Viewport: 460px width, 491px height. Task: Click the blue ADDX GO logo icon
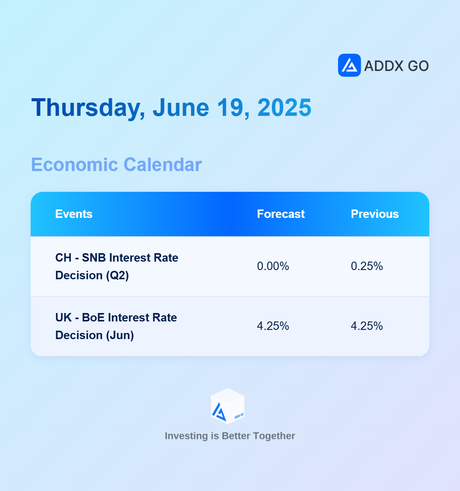point(349,65)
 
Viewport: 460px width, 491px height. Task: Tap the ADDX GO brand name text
point(396,66)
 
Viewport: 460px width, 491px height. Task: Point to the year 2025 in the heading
point(284,107)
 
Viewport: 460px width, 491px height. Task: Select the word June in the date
point(181,107)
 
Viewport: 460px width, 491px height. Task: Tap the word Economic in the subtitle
point(74,165)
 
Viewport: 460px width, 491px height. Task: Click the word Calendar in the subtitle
point(163,165)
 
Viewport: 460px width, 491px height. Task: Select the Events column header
point(74,214)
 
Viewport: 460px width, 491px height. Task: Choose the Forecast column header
point(281,214)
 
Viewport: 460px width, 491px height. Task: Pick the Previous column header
point(375,214)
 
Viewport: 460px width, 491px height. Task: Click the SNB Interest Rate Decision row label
point(117,267)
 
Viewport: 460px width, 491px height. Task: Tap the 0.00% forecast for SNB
point(273,266)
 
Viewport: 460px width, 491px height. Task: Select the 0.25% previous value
point(367,266)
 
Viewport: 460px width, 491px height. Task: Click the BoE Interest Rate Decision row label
point(116,326)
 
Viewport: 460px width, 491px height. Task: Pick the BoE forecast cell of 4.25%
point(273,326)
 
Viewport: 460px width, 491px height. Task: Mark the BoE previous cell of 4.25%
point(367,326)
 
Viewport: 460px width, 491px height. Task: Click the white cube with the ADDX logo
point(228,406)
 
